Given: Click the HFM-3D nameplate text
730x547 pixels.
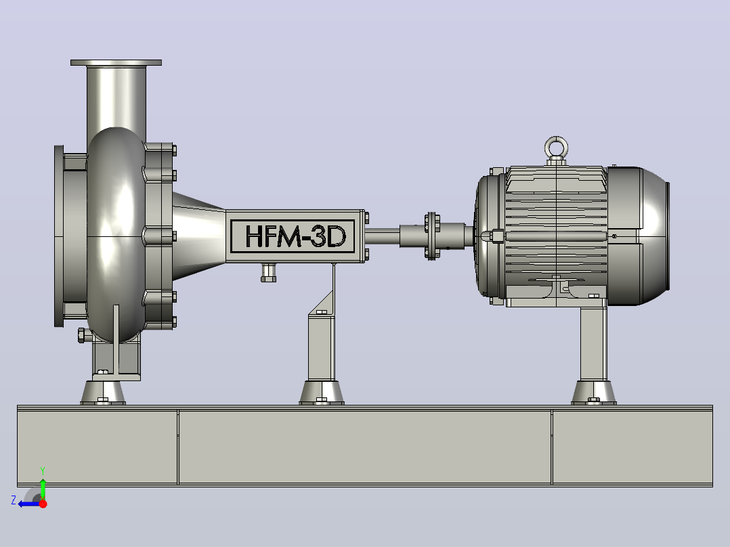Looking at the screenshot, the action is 296,236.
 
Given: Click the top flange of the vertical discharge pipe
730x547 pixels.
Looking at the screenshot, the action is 116,62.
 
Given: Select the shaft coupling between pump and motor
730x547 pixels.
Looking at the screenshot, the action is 431,236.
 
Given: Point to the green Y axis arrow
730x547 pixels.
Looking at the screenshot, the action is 43,487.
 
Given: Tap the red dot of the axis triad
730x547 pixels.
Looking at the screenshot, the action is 43,504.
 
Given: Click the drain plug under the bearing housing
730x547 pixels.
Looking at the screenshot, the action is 268,273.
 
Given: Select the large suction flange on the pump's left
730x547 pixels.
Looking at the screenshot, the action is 59,236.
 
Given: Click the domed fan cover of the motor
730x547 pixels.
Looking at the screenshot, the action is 639,236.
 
